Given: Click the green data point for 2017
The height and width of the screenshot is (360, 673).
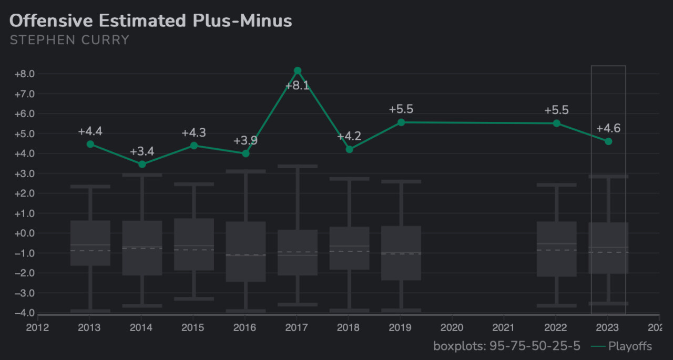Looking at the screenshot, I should [298, 70].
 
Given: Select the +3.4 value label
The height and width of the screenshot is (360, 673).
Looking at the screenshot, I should [142, 152].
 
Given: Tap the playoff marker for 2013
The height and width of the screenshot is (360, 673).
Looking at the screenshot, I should [90, 144].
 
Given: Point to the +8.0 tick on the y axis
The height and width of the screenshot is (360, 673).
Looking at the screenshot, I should [24, 74].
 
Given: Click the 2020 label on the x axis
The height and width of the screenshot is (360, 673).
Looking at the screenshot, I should [452, 328].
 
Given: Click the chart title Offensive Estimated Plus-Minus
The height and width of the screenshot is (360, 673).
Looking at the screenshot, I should [151, 21].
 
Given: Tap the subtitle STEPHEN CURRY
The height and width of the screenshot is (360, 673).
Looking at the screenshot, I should [69, 40].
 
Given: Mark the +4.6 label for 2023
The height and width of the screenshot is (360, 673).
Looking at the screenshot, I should [608, 128].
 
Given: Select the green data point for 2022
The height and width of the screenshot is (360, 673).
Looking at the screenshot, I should [557, 123].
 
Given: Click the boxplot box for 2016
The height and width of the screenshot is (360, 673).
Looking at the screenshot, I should [246, 251].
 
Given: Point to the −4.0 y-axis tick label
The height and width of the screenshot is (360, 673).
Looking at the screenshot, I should [24, 313].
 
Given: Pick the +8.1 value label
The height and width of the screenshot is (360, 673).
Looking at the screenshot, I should [297, 86].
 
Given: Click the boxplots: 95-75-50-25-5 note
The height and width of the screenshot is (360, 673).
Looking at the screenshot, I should [507, 346].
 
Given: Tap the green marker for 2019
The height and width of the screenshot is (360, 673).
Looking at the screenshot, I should [401, 122].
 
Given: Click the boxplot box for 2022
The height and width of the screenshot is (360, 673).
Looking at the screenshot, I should [557, 249].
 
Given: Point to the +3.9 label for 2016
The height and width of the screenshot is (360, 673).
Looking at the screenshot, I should [246, 140].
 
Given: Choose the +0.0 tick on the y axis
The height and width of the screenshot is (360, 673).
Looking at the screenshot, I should [24, 233].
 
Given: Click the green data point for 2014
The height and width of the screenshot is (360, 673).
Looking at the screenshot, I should [142, 164].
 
